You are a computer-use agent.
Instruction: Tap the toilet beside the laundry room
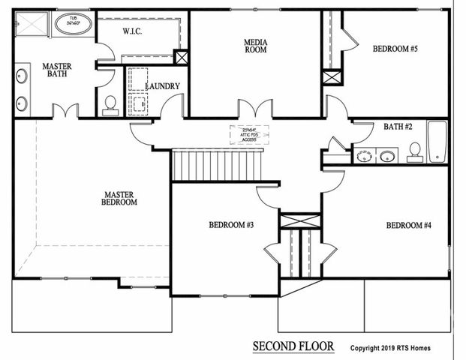110,104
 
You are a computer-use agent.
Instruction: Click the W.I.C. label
131,31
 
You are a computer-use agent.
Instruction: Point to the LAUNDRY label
162,86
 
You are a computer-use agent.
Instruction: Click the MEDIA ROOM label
256,46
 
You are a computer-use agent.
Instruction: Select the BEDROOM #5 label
395,49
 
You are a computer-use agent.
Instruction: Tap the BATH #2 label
398,127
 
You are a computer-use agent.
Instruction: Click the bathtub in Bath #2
437,142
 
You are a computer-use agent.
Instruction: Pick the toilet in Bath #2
414,152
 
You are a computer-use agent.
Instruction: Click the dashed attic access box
248,134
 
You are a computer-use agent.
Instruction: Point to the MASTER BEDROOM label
120,198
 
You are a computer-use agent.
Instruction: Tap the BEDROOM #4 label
408,225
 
